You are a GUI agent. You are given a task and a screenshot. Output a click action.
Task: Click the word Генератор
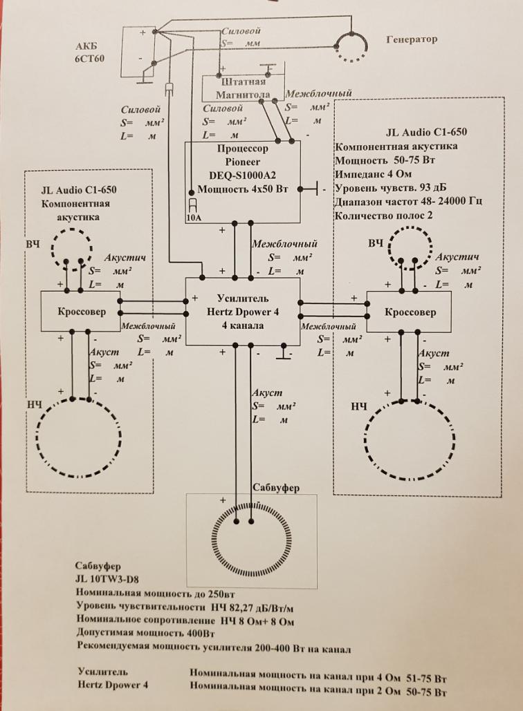coord(412,39)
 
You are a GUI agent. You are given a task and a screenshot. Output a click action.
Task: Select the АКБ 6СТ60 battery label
coord(90,53)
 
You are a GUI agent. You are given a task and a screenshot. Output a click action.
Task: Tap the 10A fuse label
coord(194,216)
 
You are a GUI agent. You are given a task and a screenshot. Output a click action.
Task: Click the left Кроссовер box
coord(80,312)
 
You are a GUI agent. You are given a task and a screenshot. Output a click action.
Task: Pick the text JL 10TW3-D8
coord(104,579)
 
